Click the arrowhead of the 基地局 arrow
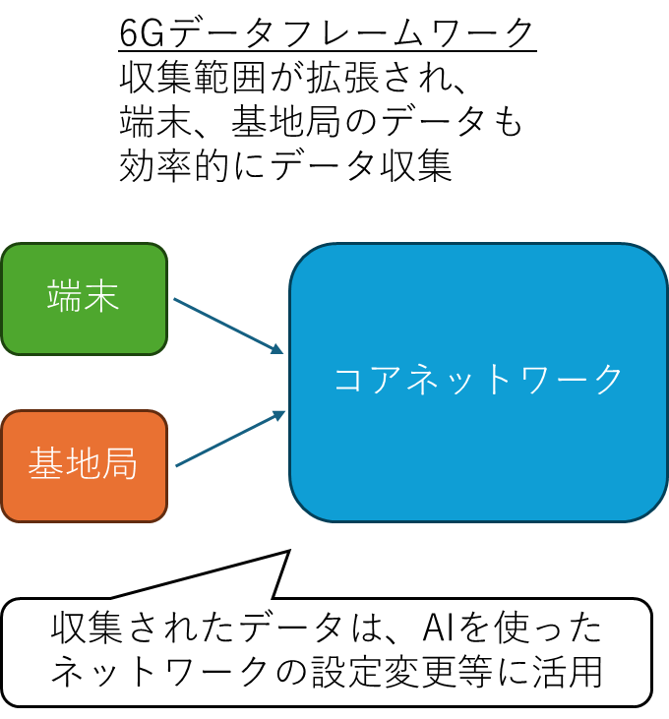click(280, 414)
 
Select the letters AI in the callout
click(441, 629)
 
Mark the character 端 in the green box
click(65, 298)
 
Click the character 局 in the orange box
click(120, 465)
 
